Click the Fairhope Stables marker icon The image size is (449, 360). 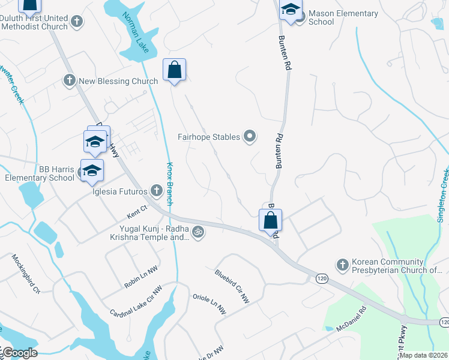[x=250, y=137]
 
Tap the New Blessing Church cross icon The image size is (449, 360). [x=70, y=80]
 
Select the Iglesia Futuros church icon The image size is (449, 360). [x=156, y=191]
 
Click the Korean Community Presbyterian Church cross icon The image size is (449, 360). [x=342, y=265]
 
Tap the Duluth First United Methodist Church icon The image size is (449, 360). [x=76, y=22]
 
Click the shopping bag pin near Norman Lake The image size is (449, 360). [x=174, y=70]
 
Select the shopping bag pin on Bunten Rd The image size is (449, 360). [x=270, y=220]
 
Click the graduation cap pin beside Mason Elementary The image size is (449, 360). [x=291, y=10]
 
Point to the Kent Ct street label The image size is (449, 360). [x=137, y=209]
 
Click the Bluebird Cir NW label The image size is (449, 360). [x=232, y=286]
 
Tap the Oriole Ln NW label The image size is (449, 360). [x=209, y=304]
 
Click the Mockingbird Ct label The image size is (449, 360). [x=26, y=274]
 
